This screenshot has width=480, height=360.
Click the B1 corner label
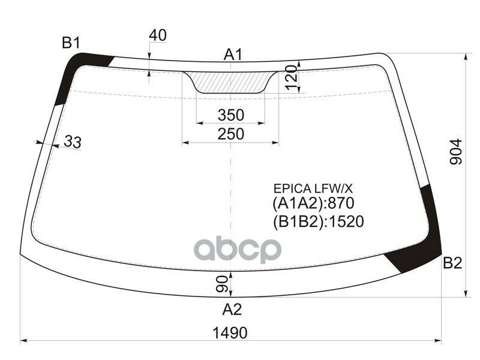(x=71, y=43)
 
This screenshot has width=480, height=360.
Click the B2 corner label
(x=452, y=263)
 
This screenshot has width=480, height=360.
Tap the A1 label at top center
(x=233, y=55)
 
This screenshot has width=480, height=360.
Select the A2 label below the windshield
(x=232, y=310)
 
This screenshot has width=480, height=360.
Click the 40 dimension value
(x=158, y=35)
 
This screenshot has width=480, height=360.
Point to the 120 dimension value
(x=292, y=77)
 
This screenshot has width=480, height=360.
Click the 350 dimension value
(x=231, y=115)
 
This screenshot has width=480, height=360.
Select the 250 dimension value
(x=231, y=134)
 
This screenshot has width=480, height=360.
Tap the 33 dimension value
(x=73, y=142)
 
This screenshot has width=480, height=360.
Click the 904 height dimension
(x=455, y=152)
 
